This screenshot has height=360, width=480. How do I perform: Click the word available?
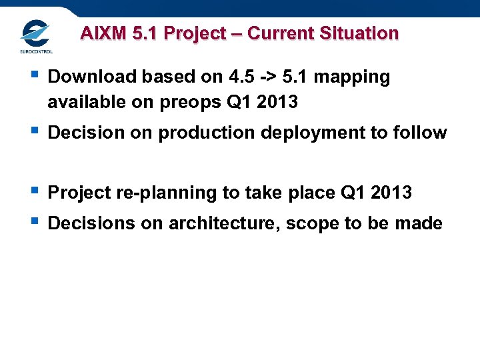81,103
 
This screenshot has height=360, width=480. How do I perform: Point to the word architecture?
225,223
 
